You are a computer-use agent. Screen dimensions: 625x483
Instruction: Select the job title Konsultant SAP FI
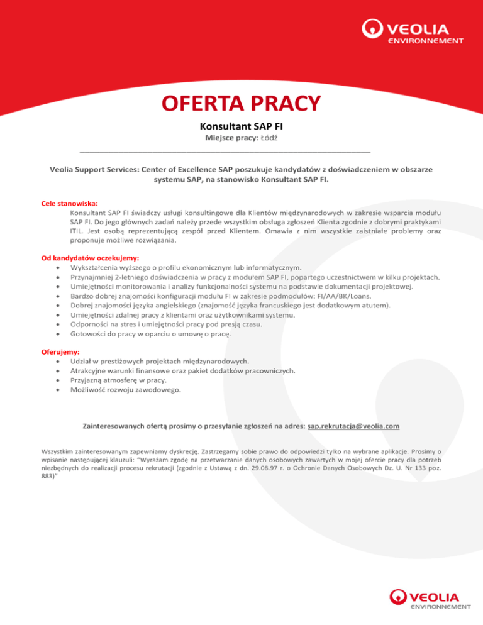click(241, 126)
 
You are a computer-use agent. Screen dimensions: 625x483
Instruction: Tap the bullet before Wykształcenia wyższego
click(58, 267)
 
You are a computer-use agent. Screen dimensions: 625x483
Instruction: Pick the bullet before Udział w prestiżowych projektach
click(58, 362)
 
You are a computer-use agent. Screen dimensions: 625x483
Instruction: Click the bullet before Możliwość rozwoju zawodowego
click(58, 390)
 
